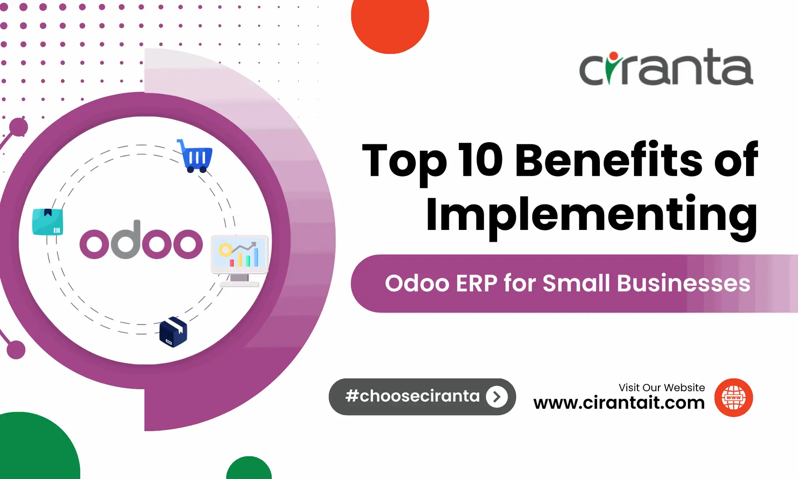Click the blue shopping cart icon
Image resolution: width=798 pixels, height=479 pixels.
(x=195, y=156)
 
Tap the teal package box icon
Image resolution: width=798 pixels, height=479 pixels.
(x=48, y=222)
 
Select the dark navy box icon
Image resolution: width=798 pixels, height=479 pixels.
(x=173, y=332)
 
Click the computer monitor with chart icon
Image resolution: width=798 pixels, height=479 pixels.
(x=239, y=259)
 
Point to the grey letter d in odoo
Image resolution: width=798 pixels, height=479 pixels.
(x=126, y=240)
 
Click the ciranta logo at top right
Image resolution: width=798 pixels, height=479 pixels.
(x=666, y=67)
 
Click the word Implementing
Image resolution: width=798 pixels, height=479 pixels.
(x=591, y=214)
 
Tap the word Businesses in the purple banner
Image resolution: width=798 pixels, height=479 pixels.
(x=683, y=284)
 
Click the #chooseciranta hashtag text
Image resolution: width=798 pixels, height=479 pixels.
(x=412, y=396)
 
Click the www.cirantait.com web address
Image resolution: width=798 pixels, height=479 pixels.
(x=619, y=402)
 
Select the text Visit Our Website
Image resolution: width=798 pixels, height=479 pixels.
(x=661, y=388)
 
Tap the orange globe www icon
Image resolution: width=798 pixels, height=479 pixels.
(x=733, y=398)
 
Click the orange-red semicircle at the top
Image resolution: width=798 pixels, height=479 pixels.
(x=390, y=23)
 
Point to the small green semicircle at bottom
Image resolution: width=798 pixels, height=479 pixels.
(x=249, y=469)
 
